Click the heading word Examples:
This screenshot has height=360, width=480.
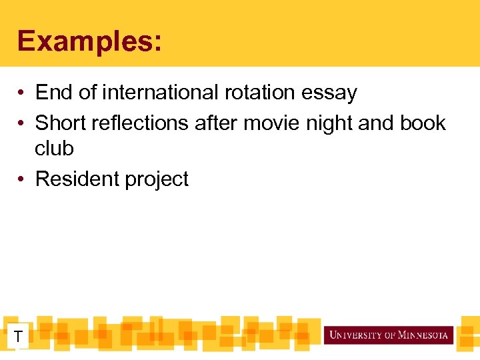(89, 41)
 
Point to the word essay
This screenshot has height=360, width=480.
(329, 93)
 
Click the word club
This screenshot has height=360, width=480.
(54, 148)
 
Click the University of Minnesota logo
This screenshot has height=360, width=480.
(389, 335)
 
